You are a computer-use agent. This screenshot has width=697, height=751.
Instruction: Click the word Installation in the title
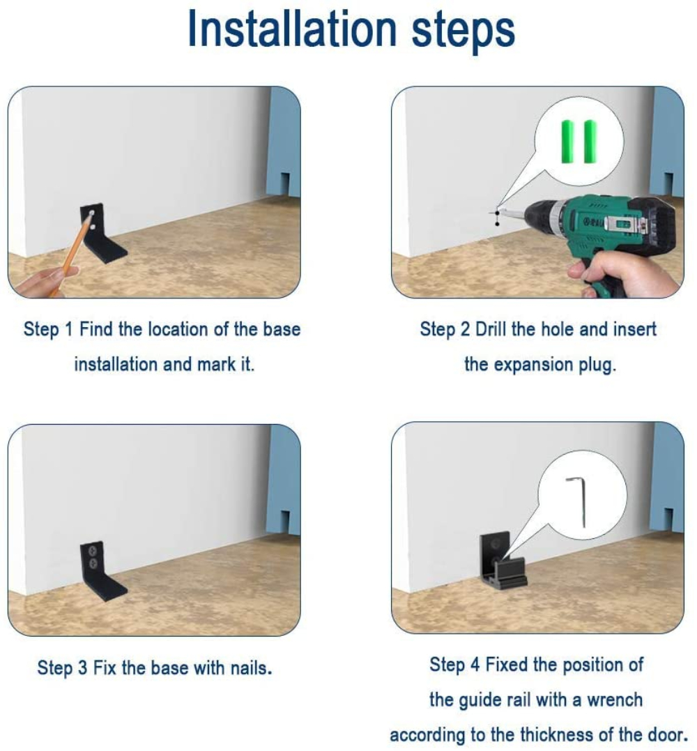(x=293, y=29)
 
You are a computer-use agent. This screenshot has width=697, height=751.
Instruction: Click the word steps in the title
(x=463, y=31)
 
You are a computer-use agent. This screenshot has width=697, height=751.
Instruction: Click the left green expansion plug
(x=567, y=142)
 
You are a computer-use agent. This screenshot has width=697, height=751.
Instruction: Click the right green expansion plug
(x=590, y=142)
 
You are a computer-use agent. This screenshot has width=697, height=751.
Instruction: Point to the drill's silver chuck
(x=541, y=220)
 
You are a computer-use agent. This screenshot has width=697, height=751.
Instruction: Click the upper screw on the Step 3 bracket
(x=93, y=548)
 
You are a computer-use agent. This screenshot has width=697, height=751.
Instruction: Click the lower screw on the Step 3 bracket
(x=93, y=563)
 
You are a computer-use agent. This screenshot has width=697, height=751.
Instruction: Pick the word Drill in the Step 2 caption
(x=491, y=330)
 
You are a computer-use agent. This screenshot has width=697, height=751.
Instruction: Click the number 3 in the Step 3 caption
(x=82, y=667)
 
